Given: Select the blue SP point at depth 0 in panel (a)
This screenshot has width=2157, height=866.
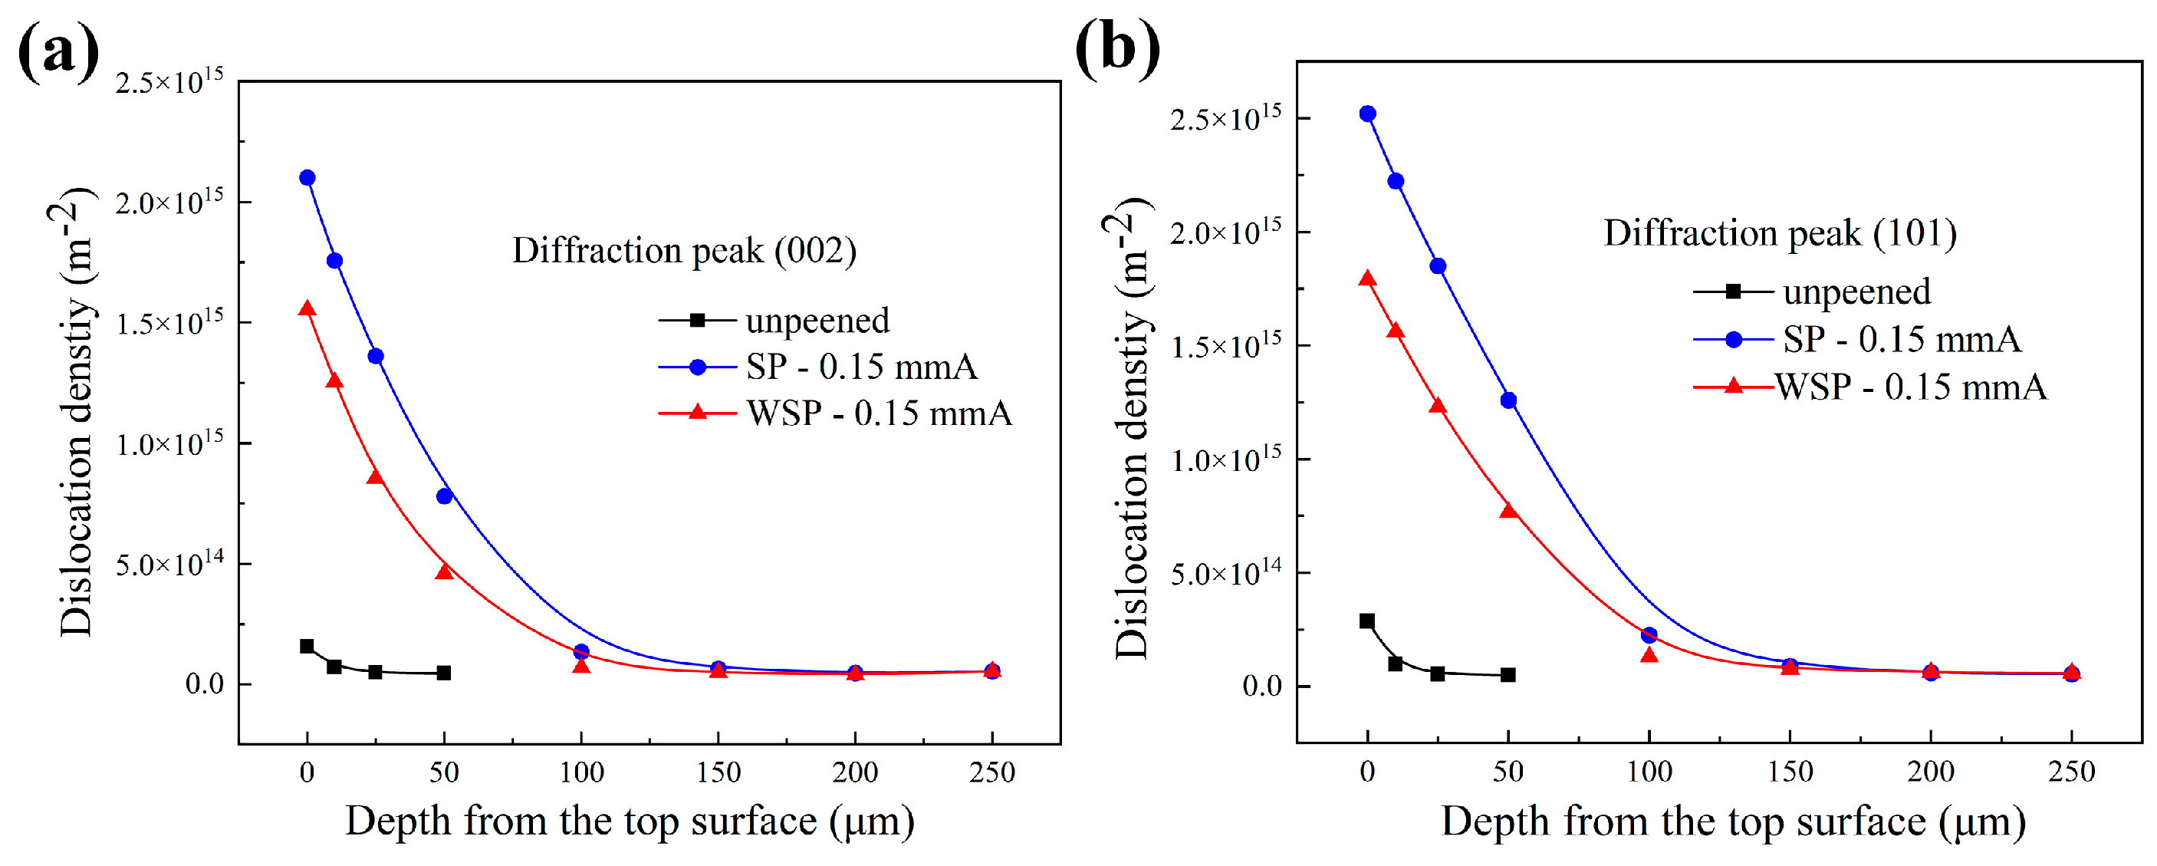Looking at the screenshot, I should pyautogui.click(x=307, y=177).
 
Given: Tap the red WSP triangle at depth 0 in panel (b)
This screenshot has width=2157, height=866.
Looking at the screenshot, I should pyautogui.click(x=1367, y=279).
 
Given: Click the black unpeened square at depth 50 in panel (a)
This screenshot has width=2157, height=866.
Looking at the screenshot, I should pyautogui.click(x=444, y=673).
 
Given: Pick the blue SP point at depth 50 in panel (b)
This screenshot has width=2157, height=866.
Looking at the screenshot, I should pyautogui.click(x=1508, y=400).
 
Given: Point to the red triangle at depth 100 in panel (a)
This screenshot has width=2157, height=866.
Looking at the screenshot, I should pyautogui.click(x=581, y=665).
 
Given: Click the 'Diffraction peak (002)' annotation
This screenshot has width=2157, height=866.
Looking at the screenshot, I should pyautogui.click(x=684, y=250).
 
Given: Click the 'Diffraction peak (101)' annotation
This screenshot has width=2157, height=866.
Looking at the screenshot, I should pyautogui.click(x=1781, y=233).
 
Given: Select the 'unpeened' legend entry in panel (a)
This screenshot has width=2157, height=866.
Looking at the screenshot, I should pyautogui.click(x=817, y=320).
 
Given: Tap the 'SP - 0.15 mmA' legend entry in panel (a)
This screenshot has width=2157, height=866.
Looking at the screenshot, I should pyautogui.click(x=861, y=367).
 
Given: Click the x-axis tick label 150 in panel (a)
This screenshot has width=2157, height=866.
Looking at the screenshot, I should pyautogui.click(x=718, y=772).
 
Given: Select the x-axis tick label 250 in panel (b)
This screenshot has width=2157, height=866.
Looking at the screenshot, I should pyautogui.click(x=2071, y=772).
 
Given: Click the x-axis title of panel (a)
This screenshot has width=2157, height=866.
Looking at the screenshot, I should pyautogui.click(x=630, y=822).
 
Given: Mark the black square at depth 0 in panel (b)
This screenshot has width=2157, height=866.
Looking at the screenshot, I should pyautogui.click(x=1367, y=621).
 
